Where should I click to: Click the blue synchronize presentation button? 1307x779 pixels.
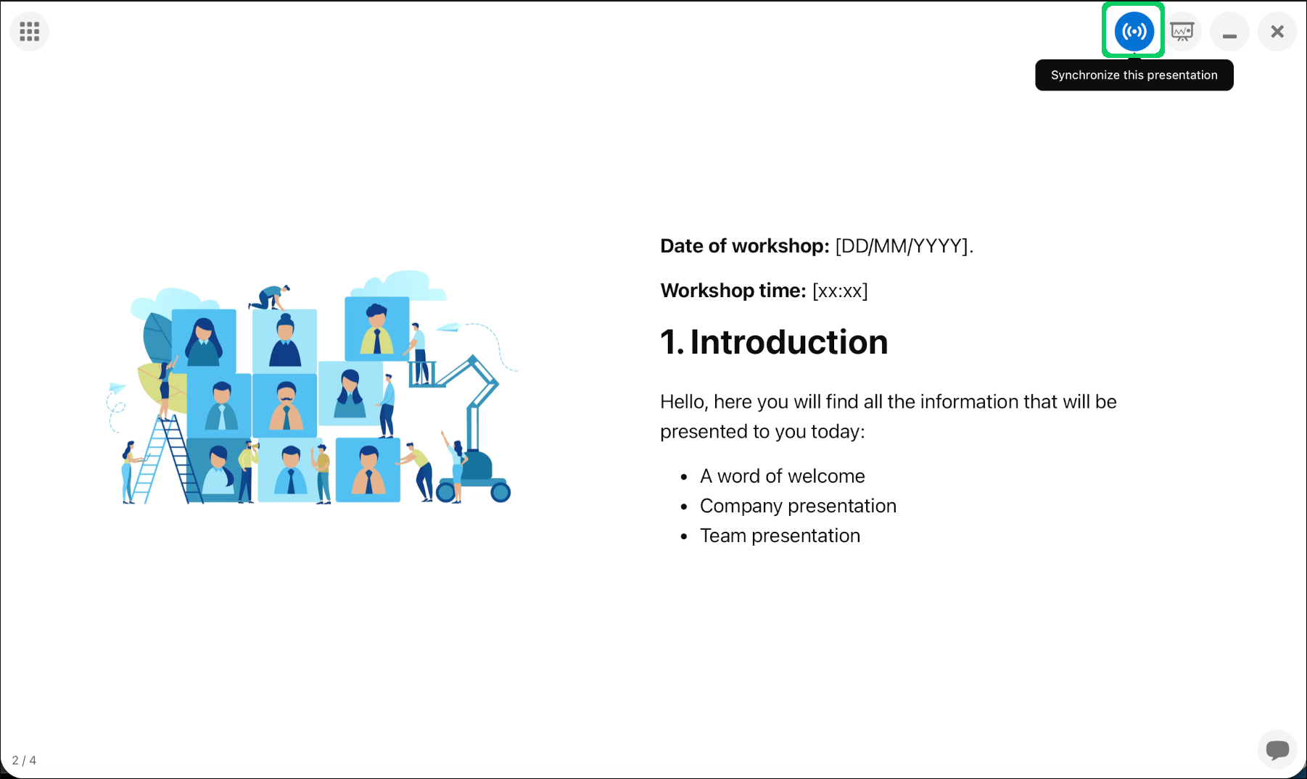1134,31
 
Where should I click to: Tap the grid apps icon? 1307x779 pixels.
30,31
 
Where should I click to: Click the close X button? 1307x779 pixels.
1277,31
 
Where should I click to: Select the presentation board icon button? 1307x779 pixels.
1182,31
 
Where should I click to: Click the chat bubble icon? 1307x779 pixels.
1277,749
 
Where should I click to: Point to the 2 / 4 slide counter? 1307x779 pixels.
24,760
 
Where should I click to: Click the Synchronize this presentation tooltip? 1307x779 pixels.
1134,75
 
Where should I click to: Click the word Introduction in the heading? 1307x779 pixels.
789,342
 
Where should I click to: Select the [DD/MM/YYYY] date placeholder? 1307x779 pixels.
902,246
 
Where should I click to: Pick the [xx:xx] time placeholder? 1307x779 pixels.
840,291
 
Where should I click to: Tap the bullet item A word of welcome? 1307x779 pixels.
783,476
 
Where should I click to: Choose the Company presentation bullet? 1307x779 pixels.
798,506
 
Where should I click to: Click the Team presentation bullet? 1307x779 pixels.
780,536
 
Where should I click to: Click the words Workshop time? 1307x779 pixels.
733,291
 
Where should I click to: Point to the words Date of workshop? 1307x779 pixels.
745,246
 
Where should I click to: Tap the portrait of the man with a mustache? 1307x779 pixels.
286,405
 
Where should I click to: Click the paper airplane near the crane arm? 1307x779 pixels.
449,328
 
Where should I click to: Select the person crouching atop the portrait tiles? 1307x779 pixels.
270,297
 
